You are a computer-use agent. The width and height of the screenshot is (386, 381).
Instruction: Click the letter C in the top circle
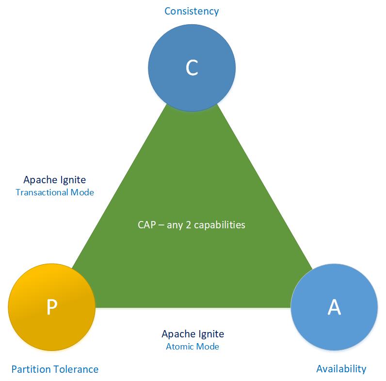click(x=192, y=68)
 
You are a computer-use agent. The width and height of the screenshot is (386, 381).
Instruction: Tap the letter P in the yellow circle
click(x=51, y=307)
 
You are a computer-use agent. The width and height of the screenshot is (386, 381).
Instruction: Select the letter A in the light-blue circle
click(x=334, y=307)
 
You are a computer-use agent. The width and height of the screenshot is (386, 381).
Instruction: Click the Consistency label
click(x=192, y=11)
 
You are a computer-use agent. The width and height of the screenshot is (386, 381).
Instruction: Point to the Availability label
click(x=341, y=368)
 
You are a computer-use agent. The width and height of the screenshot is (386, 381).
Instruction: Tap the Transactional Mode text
click(x=55, y=192)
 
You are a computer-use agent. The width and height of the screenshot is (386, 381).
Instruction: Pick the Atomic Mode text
click(x=193, y=347)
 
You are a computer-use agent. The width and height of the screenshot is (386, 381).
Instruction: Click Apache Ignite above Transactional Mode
click(x=55, y=180)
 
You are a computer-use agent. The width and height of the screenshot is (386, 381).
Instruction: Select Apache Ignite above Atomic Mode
click(x=193, y=334)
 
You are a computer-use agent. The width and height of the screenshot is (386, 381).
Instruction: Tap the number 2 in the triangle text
click(x=189, y=225)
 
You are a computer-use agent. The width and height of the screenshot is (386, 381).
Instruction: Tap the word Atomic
click(x=180, y=347)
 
